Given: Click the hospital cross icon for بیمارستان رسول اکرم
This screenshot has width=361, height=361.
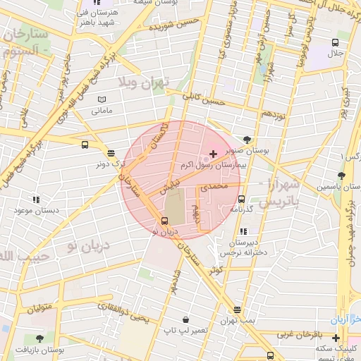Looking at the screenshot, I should point(214,153).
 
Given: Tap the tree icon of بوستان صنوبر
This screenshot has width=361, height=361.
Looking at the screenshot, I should point(246,140).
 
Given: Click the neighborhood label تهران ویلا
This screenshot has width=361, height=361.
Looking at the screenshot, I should point(145,82).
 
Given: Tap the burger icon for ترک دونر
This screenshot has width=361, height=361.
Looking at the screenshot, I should point(111,153).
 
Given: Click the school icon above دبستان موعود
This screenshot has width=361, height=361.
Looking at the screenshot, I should point(36,200).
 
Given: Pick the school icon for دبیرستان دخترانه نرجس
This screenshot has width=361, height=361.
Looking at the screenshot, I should point(243,231).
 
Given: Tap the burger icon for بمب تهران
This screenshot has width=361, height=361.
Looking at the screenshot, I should point(237,310).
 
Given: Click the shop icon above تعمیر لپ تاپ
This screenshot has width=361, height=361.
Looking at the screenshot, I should point(185,319).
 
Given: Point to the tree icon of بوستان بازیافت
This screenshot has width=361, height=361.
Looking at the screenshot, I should point(39,338).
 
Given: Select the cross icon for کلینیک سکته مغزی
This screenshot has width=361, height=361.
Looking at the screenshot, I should point(336,338).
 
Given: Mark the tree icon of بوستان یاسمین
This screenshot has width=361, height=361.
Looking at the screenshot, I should point(342,175).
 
